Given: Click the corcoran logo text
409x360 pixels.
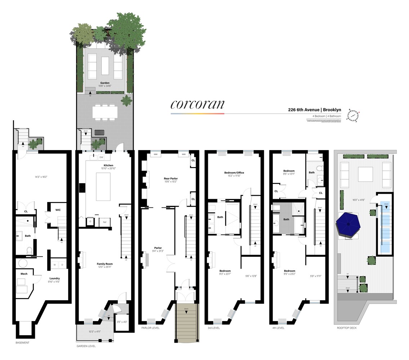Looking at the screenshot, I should click(197, 104).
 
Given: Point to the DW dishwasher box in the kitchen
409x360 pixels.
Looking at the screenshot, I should click(101, 157).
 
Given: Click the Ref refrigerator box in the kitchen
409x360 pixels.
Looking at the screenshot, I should click(105, 222).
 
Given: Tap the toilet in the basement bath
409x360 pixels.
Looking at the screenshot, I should click(30, 250).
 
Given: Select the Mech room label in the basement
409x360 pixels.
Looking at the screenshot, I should click(24, 274).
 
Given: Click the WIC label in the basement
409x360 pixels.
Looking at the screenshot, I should click(58, 210).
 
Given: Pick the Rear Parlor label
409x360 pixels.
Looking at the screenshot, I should click(170, 179).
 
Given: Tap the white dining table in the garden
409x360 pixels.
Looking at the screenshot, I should click(105, 112).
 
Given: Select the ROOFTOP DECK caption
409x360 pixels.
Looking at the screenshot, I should click(346, 328).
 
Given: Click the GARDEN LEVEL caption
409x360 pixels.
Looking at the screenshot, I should click(87, 346).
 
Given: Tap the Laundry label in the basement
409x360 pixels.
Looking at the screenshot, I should click(55, 278).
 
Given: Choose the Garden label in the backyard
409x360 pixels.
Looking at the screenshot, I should click(105, 83).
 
